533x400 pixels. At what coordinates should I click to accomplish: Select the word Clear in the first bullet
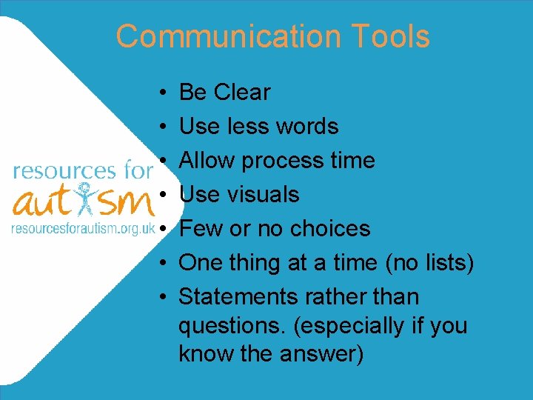click(x=242, y=93)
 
